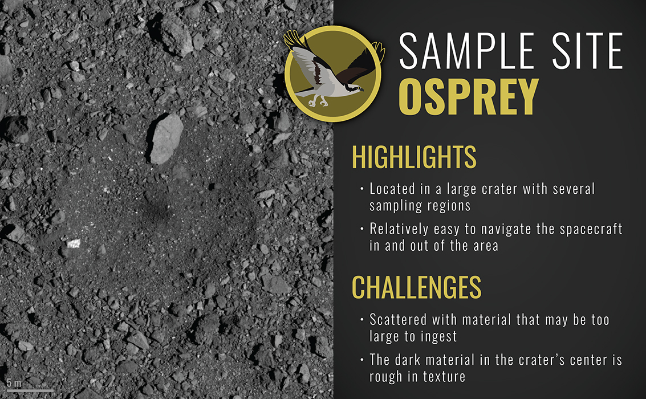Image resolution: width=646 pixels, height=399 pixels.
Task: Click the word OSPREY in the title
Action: [469, 97]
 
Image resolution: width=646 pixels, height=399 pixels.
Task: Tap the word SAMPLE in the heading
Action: [468, 51]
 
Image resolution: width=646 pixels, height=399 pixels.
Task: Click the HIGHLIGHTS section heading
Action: [414, 157]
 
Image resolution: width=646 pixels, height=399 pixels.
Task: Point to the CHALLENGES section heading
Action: [417, 287]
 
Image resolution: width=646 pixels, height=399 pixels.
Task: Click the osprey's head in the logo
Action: [355, 88]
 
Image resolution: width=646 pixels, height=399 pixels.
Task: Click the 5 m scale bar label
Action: [14, 383]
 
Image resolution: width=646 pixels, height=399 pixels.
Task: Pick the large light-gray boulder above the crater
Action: [165, 139]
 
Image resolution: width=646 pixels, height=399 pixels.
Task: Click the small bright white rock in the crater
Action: [74, 243]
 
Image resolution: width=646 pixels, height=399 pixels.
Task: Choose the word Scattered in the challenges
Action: [399, 320]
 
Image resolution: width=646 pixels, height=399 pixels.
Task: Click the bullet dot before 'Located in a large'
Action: [361, 189]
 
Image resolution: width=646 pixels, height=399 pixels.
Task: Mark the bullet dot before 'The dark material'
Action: [361, 360]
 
